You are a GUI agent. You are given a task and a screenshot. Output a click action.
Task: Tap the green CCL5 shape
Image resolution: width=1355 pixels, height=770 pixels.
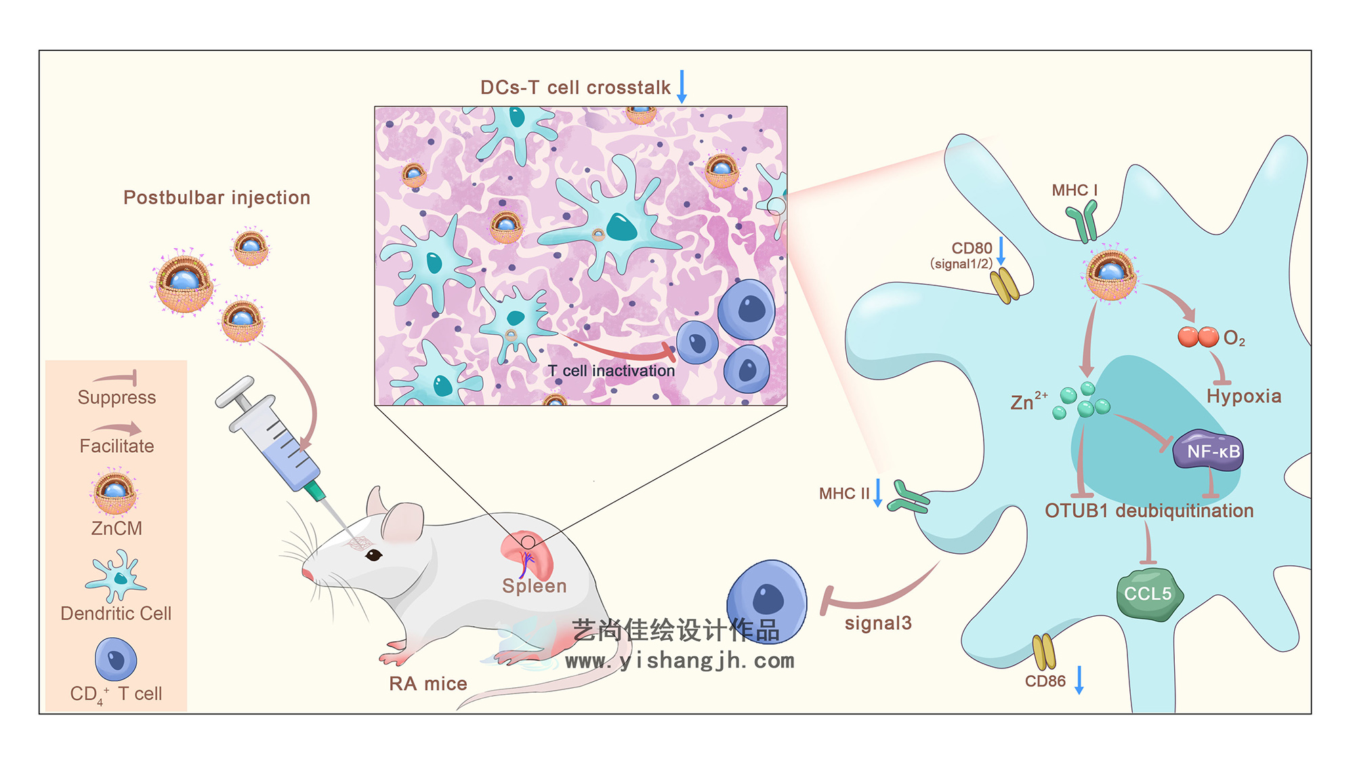click(1149, 594)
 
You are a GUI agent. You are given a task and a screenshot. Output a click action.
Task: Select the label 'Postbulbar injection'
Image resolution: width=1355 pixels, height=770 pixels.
click(217, 198)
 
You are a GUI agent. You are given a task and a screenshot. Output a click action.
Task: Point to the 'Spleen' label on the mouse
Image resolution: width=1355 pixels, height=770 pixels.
click(534, 586)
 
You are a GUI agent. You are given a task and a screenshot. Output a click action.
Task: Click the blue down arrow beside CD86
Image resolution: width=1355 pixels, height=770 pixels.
click(1079, 680)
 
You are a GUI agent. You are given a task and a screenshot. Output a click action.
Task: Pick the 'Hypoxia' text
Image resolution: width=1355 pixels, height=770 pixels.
click(1244, 397)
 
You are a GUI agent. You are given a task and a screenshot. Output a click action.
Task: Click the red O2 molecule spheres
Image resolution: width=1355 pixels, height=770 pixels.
click(1198, 337)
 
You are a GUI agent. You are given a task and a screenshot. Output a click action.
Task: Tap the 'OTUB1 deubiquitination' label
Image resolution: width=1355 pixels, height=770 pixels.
click(1149, 511)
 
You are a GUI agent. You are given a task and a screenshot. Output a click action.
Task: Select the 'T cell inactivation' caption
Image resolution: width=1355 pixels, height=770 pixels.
click(611, 371)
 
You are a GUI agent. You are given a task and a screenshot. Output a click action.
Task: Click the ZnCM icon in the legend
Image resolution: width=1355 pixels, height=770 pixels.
click(114, 491)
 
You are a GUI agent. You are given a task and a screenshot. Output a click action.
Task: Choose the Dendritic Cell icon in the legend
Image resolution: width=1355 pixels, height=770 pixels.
click(116, 576)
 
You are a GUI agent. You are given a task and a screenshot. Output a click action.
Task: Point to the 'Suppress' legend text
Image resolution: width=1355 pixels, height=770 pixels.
click(117, 398)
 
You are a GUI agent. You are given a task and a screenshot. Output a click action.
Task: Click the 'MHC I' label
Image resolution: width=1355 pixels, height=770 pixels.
click(1075, 191)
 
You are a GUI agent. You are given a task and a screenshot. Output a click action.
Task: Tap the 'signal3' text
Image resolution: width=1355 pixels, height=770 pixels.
click(878, 624)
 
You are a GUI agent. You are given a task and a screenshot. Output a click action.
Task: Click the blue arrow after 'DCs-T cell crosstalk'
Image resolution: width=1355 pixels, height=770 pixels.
click(682, 86)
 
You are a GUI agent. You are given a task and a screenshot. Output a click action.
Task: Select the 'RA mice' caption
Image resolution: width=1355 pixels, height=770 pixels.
click(428, 684)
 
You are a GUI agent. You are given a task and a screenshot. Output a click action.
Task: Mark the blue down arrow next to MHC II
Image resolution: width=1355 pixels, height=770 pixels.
click(878, 493)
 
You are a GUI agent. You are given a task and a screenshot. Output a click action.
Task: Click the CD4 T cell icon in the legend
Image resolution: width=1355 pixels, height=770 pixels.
click(116, 659)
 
